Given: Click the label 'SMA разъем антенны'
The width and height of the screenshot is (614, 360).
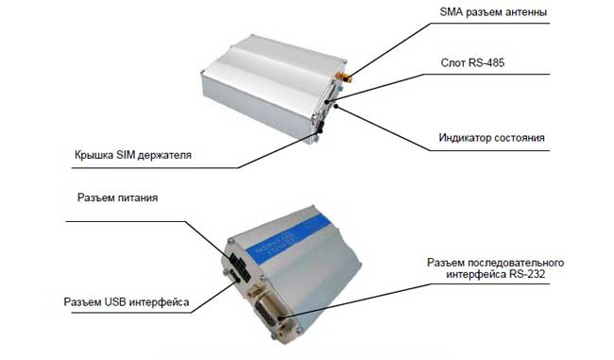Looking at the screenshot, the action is [493, 12].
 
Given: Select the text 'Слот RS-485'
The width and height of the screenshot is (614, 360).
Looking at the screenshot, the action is [472, 62].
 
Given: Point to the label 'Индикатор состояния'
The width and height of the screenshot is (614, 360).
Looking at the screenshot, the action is [491, 138].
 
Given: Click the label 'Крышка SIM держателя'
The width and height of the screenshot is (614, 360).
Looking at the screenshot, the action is [133, 155].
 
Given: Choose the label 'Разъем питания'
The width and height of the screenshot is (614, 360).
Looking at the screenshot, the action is [117, 197].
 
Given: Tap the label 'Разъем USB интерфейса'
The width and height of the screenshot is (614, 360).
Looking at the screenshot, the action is [126, 302].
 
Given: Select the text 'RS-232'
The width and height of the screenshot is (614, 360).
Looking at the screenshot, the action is [527, 274].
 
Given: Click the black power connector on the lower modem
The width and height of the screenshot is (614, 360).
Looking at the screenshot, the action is [239, 266].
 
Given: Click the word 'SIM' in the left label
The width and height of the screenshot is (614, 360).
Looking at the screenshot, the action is [126, 155].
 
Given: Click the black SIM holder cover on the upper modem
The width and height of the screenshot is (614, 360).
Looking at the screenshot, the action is [320, 127].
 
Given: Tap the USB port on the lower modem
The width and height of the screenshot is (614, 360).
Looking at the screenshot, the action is [233, 278].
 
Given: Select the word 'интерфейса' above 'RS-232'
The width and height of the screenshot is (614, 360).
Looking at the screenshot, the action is [476, 274].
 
